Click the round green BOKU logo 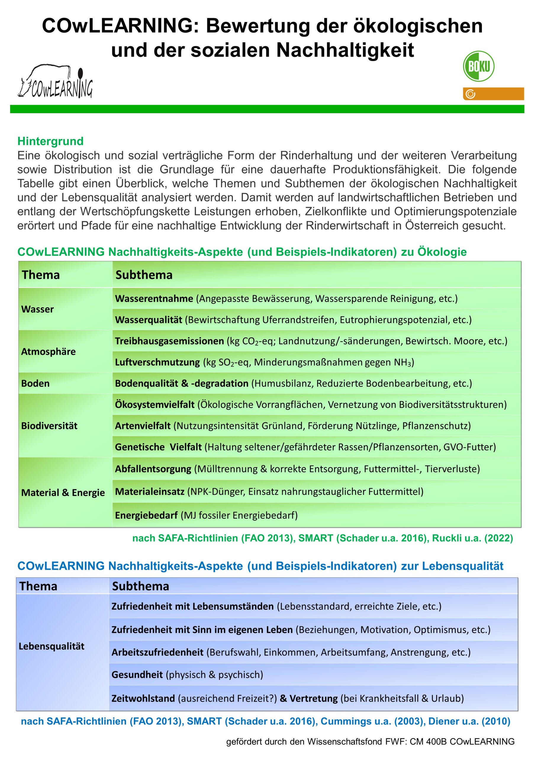pyautogui.click(x=479, y=66)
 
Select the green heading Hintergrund pyautogui.click(x=50, y=141)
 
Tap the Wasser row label pyautogui.click(x=37, y=309)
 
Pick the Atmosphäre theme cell pyautogui.click(x=48, y=351)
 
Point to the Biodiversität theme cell pyautogui.click(x=49, y=425)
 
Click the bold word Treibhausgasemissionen pyautogui.click(x=169, y=341)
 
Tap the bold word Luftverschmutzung pyautogui.click(x=157, y=362)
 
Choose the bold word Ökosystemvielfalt pyautogui.click(x=154, y=404)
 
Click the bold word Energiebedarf pyautogui.click(x=146, y=515)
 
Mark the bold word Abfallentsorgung pyautogui.click(x=153, y=469)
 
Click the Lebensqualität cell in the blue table pyautogui.click(x=51, y=646)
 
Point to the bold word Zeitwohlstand pyautogui.click(x=143, y=698)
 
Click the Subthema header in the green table pyautogui.click(x=144, y=275)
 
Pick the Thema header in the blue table pyautogui.click(x=38, y=586)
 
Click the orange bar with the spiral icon pyautogui.click(x=493, y=94)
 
